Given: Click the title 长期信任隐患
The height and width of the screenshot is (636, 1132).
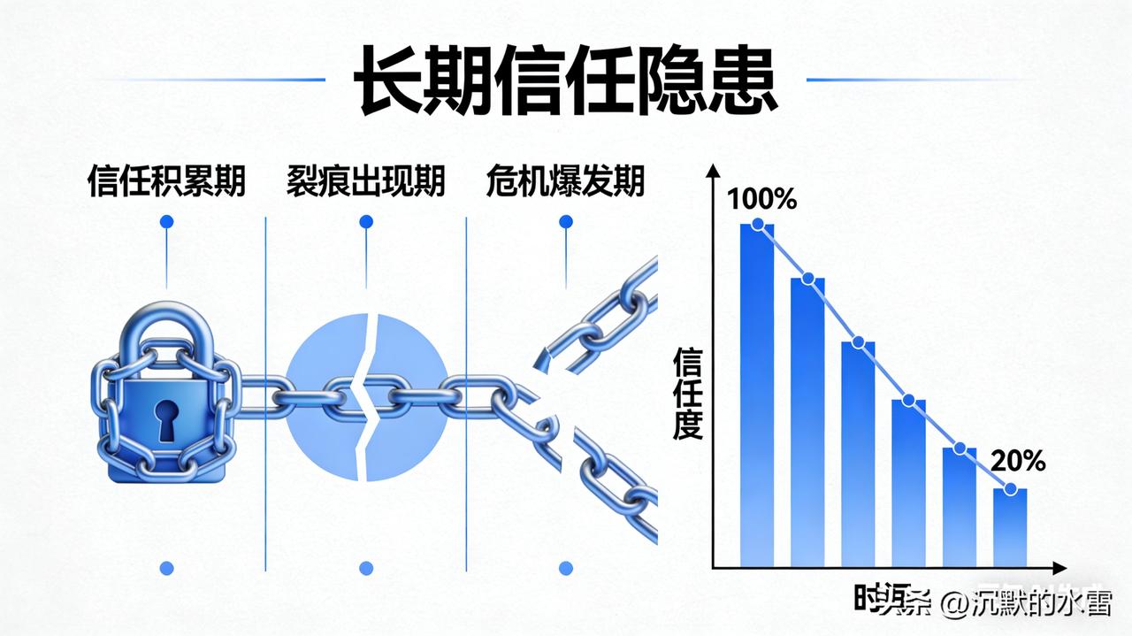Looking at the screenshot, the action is (x=565, y=80).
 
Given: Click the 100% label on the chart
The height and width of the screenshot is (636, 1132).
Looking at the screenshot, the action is (x=761, y=198).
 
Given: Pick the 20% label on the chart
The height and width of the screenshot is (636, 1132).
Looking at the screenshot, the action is (x=1018, y=461).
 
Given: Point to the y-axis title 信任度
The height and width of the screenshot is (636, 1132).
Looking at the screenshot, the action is (x=687, y=394).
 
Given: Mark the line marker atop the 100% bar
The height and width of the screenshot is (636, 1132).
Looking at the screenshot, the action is (x=757, y=225).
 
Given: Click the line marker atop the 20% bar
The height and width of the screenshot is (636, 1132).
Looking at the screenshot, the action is (x=1010, y=489).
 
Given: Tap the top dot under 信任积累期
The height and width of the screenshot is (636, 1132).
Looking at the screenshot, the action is (x=166, y=221).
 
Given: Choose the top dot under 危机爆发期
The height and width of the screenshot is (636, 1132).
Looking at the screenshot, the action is (x=566, y=221).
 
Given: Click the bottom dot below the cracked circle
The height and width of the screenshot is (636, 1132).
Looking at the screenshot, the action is (x=366, y=568).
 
